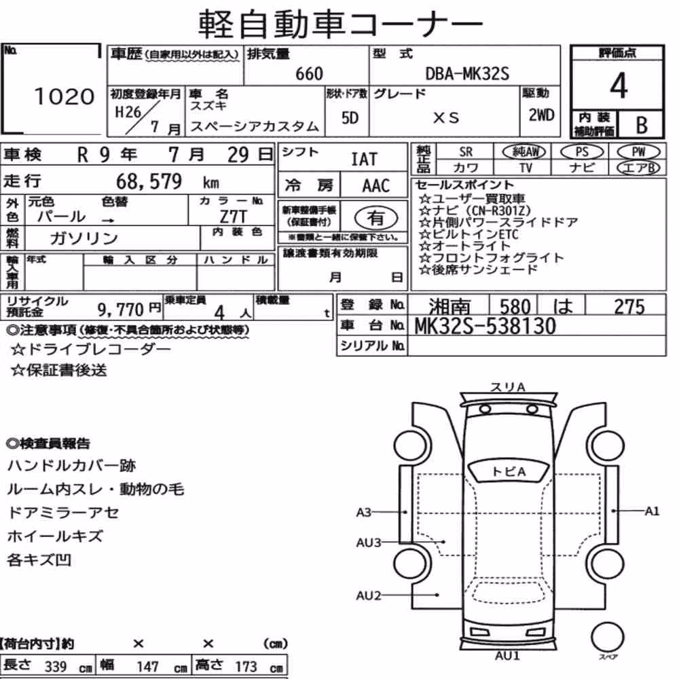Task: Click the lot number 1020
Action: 64,96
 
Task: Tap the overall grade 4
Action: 619,86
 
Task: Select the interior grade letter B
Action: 642,125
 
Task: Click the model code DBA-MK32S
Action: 467,74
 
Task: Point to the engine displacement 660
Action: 309,74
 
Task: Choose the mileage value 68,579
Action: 149,181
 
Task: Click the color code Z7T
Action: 233,217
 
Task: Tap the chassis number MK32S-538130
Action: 485,326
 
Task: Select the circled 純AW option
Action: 524,151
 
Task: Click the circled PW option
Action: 638,151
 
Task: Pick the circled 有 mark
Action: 376,217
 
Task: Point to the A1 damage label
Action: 652,511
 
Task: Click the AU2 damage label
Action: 369,596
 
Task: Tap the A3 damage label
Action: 364,512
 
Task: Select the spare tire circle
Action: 608,637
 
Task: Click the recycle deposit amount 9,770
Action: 120,310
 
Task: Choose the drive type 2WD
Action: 541,115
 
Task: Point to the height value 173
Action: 246,667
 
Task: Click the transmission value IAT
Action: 364,160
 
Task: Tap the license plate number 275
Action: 629,307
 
